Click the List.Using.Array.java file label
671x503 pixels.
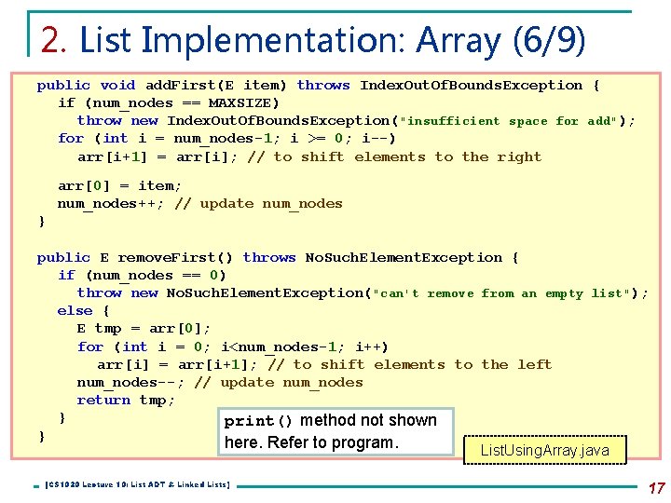(544, 451)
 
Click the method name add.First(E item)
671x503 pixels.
(216, 86)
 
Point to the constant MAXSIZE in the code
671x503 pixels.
(243, 103)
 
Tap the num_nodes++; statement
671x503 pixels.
(107, 204)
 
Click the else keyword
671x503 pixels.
(75, 311)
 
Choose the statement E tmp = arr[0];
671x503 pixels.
(144, 329)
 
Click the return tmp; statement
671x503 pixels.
(126, 401)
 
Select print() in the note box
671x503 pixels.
(259, 421)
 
